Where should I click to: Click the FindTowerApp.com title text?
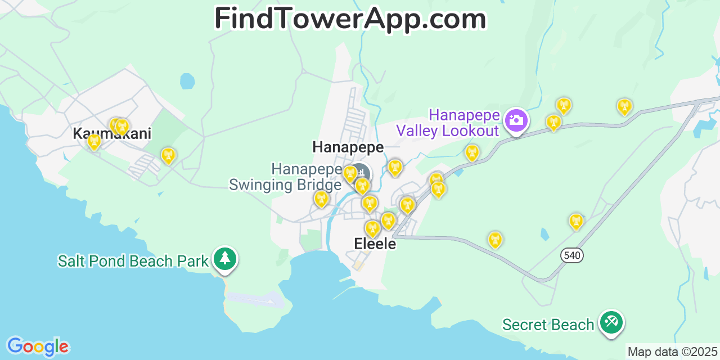tap(350, 19)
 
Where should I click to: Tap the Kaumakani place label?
tap(112, 134)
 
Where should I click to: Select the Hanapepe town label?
tap(348, 147)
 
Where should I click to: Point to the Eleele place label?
tap(375, 244)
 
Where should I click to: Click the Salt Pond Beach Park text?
tap(133, 261)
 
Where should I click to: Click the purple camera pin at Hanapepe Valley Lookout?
tap(515, 120)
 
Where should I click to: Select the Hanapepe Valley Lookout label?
tap(448, 123)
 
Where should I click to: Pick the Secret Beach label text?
tap(548, 325)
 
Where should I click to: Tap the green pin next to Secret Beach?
tap(611, 322)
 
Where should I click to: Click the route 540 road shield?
tap(571, 255)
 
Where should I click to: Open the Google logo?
tap(37, 346)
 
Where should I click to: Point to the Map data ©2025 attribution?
tap(673, 352)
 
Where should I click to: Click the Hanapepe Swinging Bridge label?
tap(285, 177)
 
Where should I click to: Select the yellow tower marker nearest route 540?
tap(575, 221)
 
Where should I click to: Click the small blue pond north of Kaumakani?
tap(187, 81)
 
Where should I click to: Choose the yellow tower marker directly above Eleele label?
tap(372, 228)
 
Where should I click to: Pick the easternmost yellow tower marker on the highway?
tap(624, 106)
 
